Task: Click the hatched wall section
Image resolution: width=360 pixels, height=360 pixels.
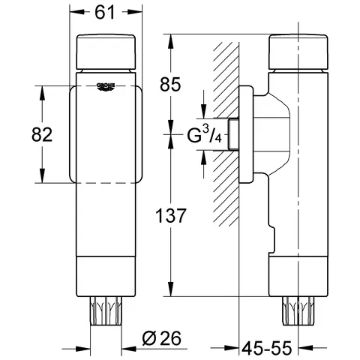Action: [223, 150]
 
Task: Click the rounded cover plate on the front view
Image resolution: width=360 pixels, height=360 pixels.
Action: [105, 135]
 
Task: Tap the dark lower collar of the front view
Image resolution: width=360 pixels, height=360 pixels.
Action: [105, 277]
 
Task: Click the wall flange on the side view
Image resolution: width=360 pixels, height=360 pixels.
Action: [247, 135]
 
